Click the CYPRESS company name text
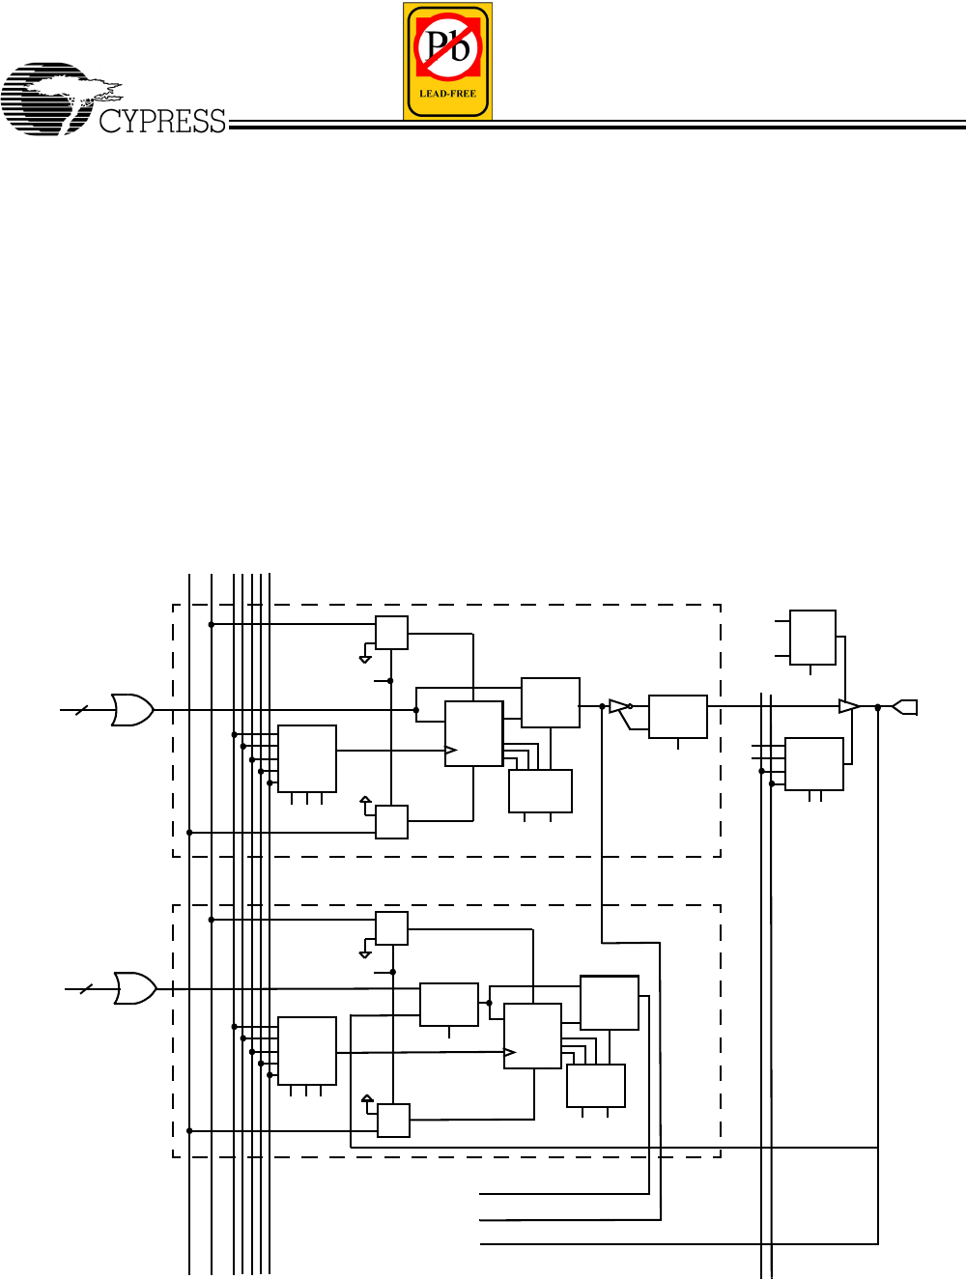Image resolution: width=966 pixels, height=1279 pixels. pyautogui.click(x=162, y=122)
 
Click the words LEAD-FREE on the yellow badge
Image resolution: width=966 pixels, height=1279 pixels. pyautogui.click(x=447, y=94)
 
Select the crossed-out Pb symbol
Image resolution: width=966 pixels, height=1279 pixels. pyautogui.click(x=447, y=47)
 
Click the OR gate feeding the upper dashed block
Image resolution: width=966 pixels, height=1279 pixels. pyautogui.click(x=132, y=710)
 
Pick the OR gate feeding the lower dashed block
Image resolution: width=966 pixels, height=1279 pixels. pyautogui.click(x=135, y=988)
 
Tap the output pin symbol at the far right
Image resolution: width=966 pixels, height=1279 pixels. pyautogui.click(x=904, y=707)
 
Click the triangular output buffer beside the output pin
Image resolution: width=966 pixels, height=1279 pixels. pyautogui.click(x=848, y=707)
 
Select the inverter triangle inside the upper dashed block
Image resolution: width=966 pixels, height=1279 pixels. pyautogui.click(x=618, y=707)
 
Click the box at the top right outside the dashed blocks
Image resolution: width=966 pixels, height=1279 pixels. pyautogui.click(x=812, y=638)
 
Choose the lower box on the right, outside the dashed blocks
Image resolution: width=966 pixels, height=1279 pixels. pyautogui.click(x=814, y=764)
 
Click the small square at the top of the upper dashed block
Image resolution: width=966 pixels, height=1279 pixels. pyautogui.click(x=391, y=633)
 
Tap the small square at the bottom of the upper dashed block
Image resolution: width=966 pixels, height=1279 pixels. pyautogui.click(x=391, y=821)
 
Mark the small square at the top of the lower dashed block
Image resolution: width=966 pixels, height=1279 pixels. pyautogui.click(x=391, y=928)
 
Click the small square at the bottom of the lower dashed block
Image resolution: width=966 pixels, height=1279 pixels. pyautogui.click(x=393, y=1121)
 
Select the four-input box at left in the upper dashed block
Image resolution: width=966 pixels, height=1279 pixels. pyautogui.click(x=307, y=758)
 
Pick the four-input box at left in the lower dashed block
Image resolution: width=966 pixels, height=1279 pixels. pyautogui.click(x=307, y=1050)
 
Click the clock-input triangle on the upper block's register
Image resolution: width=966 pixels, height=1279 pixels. pyautogui.click(x=451, y=751)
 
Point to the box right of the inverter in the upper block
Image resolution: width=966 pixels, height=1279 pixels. pyautogui.click(x=678, y=717)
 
